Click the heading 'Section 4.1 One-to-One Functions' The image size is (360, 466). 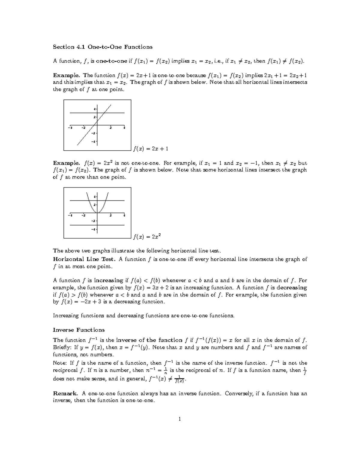click(103, 47)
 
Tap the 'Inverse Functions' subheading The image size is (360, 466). click(79, 330)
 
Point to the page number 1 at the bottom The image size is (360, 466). click(180, 419)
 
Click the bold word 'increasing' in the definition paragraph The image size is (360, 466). click(109, 281)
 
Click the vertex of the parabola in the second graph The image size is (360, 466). click(97, 212)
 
